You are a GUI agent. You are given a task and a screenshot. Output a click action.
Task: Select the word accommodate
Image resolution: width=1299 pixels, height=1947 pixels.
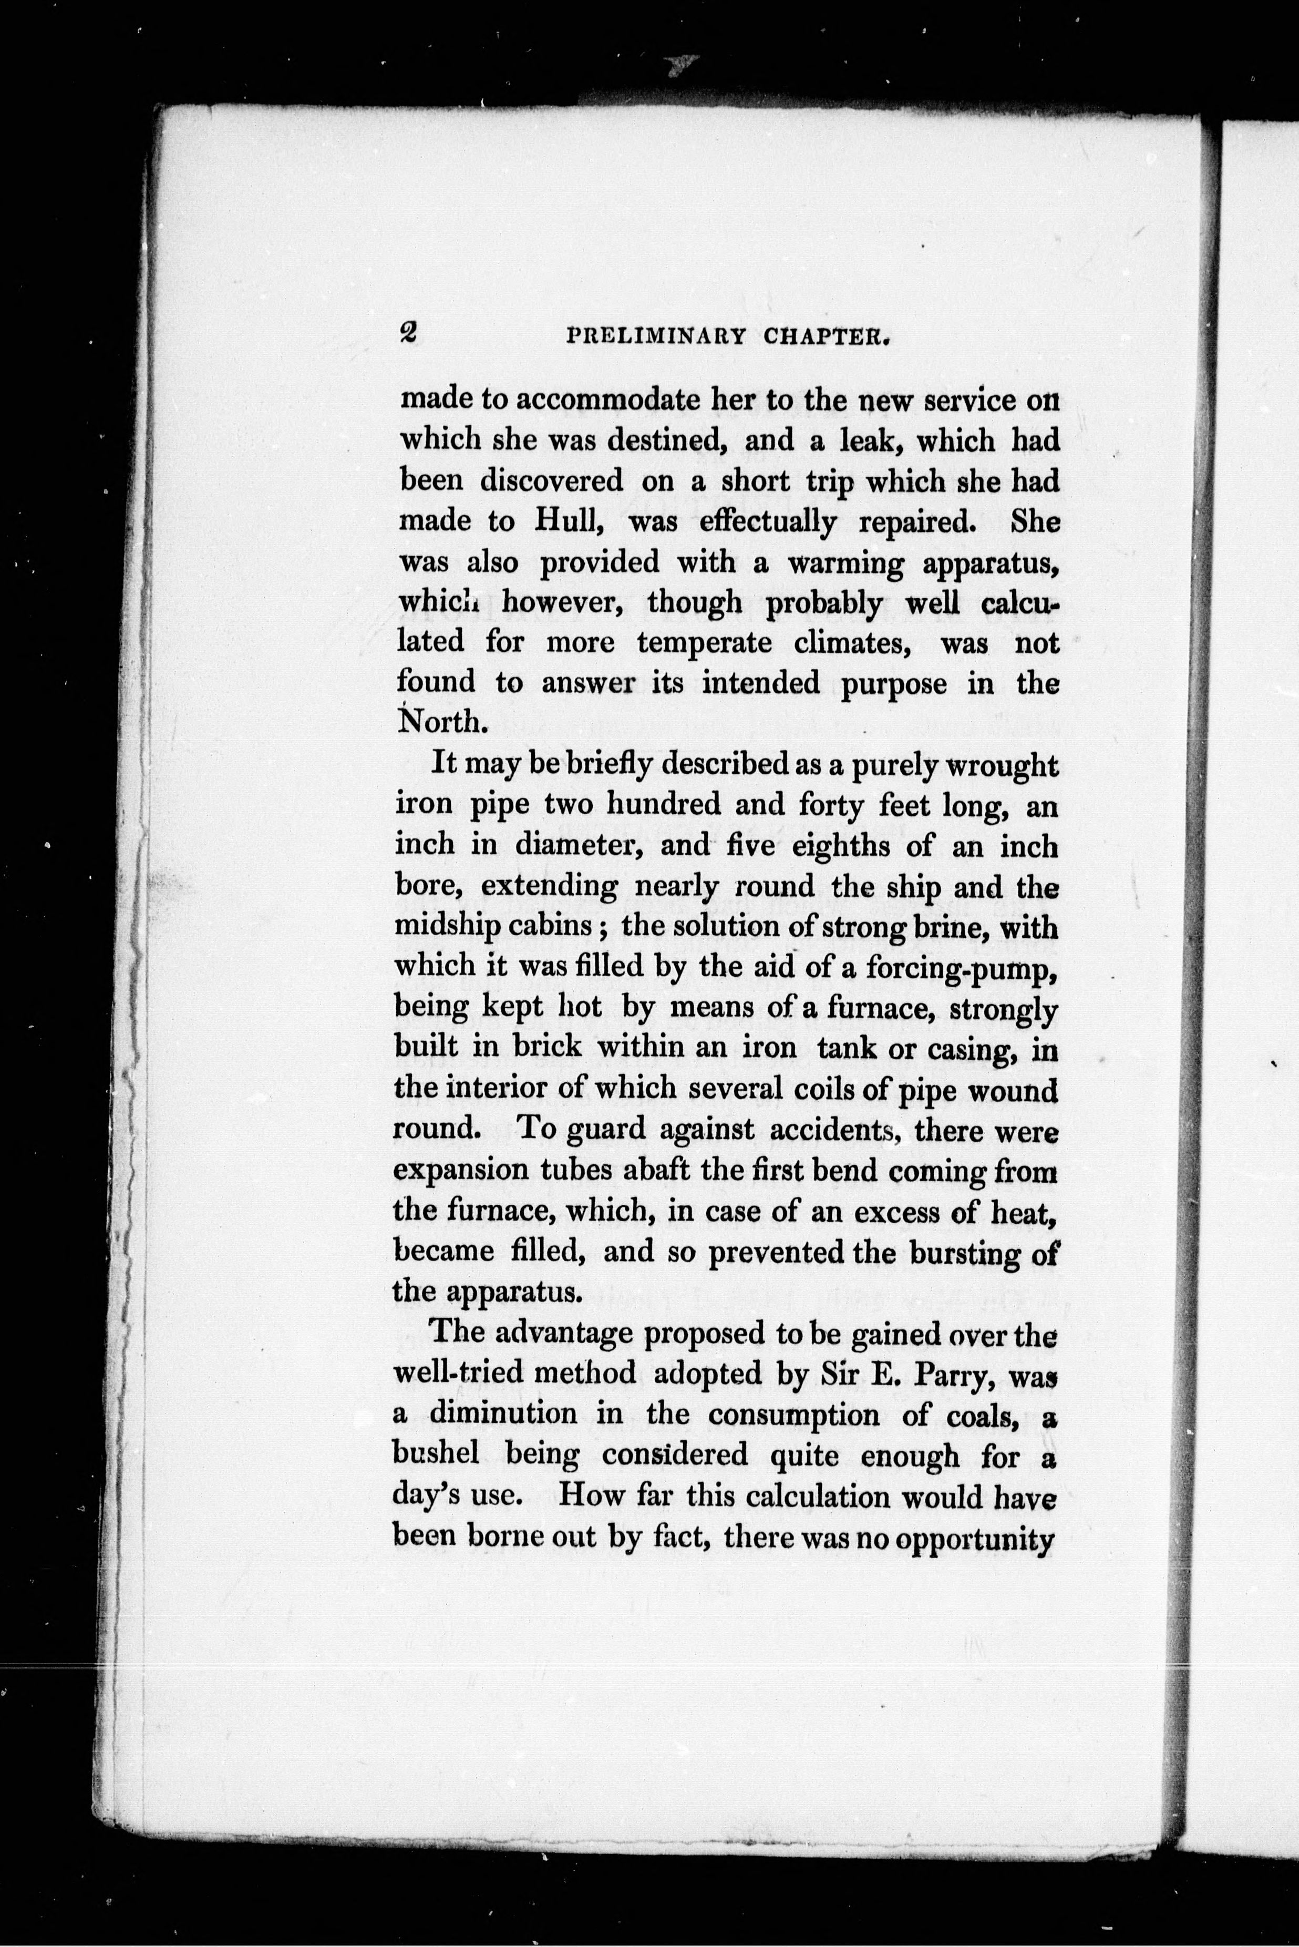610,400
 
